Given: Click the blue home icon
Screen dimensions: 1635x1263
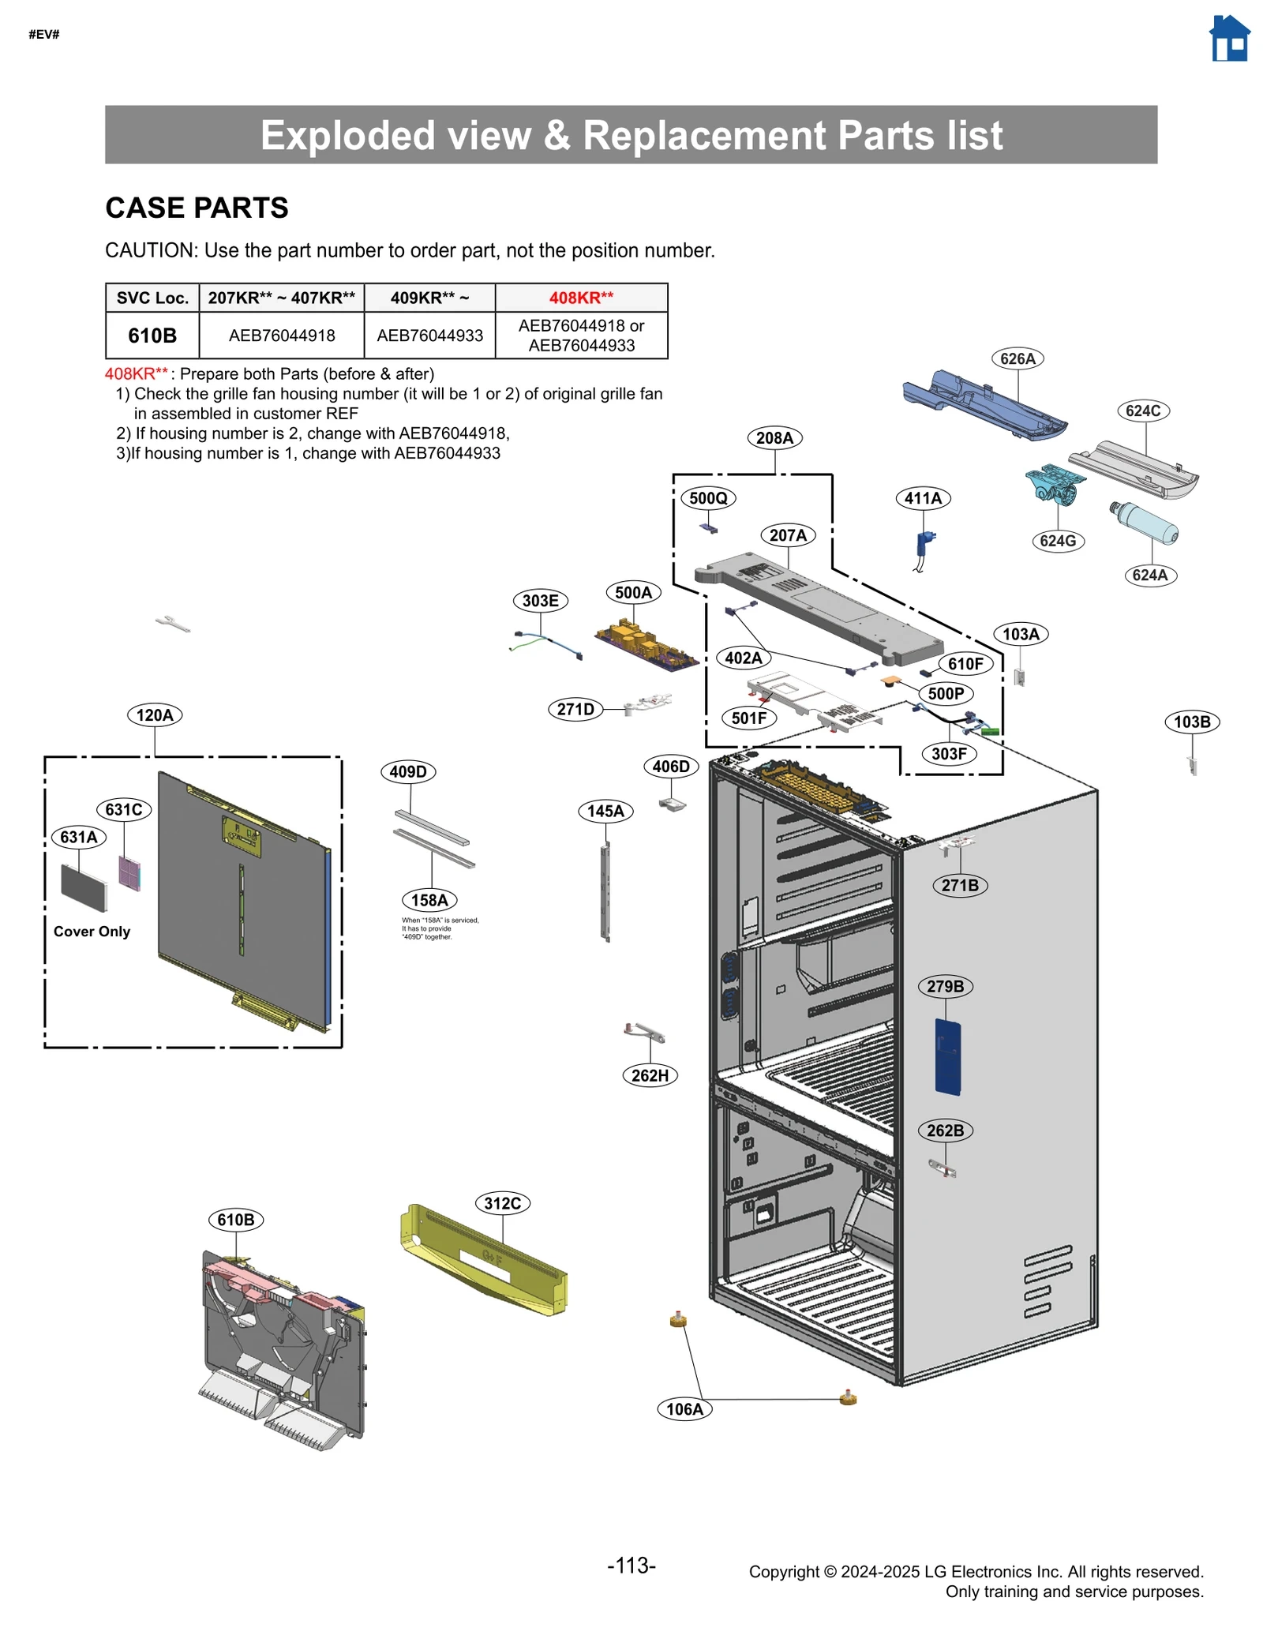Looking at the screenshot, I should (x=1229, y=39).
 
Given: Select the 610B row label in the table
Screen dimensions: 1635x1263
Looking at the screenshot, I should (x=152, y=336).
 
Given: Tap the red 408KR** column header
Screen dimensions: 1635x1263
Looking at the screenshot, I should (x=581, y=298).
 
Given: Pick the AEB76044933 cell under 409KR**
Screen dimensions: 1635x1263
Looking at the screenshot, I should (x=429, y=336).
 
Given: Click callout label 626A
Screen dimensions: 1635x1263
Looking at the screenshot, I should (x=1017, y=358).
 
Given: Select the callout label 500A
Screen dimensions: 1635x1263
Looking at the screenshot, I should (x=633, y=593).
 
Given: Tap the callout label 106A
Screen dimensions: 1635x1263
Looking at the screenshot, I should (x=684, y=1409).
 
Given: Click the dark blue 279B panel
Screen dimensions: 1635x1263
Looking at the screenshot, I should (x=947, y=1056).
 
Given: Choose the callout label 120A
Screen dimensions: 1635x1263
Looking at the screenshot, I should (x=155, y=715).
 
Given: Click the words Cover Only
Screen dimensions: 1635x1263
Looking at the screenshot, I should (x=92, y=932).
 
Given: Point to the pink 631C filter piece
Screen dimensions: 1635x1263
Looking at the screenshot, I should (x=129, y=873).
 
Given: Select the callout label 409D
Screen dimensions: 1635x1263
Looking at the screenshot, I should (x=408, y=771).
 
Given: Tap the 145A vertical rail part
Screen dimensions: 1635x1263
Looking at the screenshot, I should (x=605, y=892).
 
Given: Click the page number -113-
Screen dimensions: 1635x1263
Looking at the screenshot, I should (x=631, y=1565).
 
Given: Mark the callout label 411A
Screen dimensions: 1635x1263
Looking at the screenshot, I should (x=923, y=498).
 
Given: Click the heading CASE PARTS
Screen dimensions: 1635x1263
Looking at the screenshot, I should (x=197, y=208).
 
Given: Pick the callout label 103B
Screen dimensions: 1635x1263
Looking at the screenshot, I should (x=1191, y=722).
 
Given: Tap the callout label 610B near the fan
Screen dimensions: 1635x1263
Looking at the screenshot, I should (x=236, y=1220).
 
